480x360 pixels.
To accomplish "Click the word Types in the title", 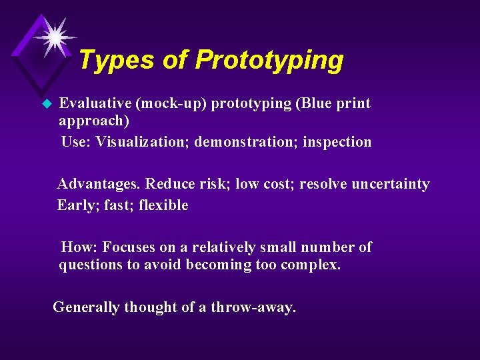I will (116, 60).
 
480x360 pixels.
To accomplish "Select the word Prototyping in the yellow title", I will (269, 60).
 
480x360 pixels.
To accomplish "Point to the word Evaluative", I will (95, 103).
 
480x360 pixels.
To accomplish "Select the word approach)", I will (94, 121).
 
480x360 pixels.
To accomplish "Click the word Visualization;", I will (143, 141).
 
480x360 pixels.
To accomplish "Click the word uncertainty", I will (395, 184).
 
